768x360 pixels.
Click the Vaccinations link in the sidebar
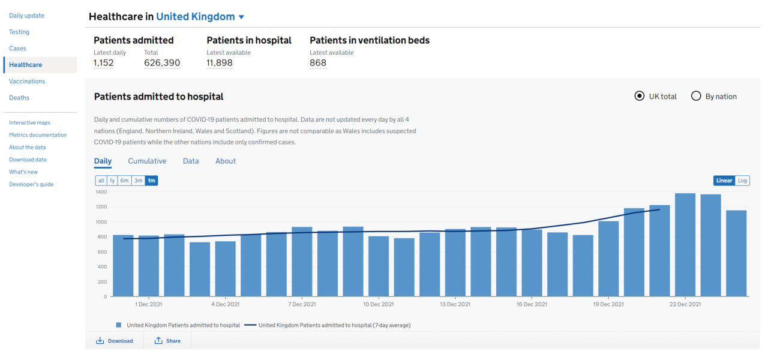[x=27, y=81]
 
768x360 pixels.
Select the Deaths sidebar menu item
[x=19, y=97]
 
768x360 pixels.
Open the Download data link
[x=28, y=160]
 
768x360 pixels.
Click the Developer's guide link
[x=31, y=184]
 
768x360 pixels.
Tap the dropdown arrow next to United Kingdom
[x=241, y=17]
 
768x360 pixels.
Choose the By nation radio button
[x=696, y=96]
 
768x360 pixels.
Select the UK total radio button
[x=640, y=96]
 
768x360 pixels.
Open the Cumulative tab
[x=147, y=161]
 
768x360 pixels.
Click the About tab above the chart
[x=226, y=161]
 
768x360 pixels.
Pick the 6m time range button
[x=124, y=181]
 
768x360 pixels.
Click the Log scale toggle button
[x=742, y=181]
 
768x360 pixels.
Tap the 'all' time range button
[x=101, y=181]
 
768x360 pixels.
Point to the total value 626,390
[x=162, y=63]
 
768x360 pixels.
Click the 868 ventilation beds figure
[x=318, y=63]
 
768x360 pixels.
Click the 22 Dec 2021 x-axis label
[x=685, y=304]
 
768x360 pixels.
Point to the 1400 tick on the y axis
[x=101, y=192]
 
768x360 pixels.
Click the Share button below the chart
[x=167, y=341]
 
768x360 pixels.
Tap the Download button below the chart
[x=115, y=341]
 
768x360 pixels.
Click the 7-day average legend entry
[x=334, y=325]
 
